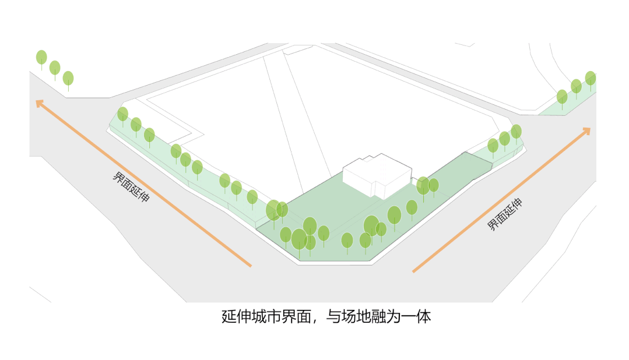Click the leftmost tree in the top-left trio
tap(41, 58)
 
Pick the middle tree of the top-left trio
tap(55, 68)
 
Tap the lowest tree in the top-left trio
tap(68, 78)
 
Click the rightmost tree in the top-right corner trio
tap(590, 78)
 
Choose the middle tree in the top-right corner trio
tap(576, 87)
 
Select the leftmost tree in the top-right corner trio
tap(562, 97)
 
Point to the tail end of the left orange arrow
tap(250, 266)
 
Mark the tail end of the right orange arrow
tap(414, 271)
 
